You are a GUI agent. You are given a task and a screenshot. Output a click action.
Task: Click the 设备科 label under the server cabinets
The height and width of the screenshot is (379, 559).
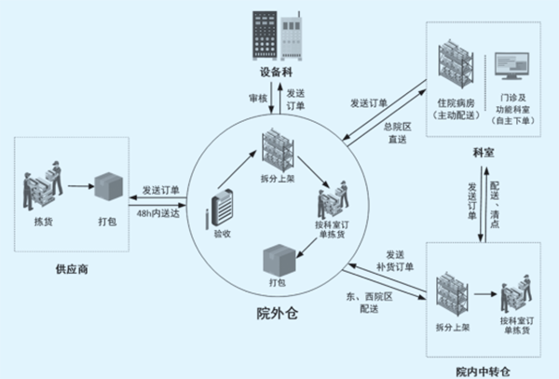277,73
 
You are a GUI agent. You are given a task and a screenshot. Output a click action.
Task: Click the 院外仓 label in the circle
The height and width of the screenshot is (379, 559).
277,313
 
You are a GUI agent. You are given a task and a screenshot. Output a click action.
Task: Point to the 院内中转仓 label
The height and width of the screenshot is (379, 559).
484,371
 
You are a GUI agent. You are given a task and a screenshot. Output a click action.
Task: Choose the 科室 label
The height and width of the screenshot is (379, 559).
482,150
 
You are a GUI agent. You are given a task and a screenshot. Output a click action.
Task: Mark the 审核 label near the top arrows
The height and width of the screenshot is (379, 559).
258,97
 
